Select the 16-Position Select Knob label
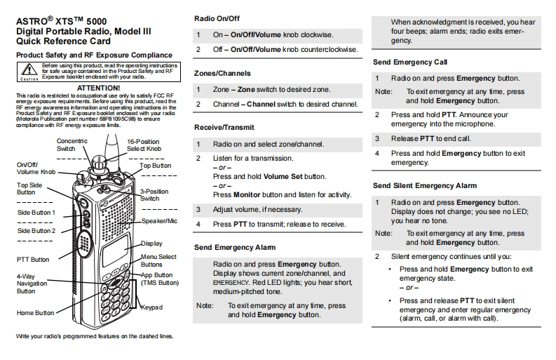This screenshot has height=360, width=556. click(144, 145)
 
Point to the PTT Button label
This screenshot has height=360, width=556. click(34, 259)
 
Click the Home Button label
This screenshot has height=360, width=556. click(35, 313)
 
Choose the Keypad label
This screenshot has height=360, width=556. click(151, 307)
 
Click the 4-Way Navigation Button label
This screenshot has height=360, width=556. click(32, 284)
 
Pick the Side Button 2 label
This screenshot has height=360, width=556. click(36, 230)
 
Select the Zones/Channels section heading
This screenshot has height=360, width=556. click(222, 73)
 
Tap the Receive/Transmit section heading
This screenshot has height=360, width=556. click(224, 127)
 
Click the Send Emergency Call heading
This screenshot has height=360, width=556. click(410, 62)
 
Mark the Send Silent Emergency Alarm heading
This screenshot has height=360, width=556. click(424, 185)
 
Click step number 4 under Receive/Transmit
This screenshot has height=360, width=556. click(198, 225)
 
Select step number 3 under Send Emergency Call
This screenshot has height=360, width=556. click(377, 139)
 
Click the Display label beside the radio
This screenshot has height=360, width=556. click(151, 244)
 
